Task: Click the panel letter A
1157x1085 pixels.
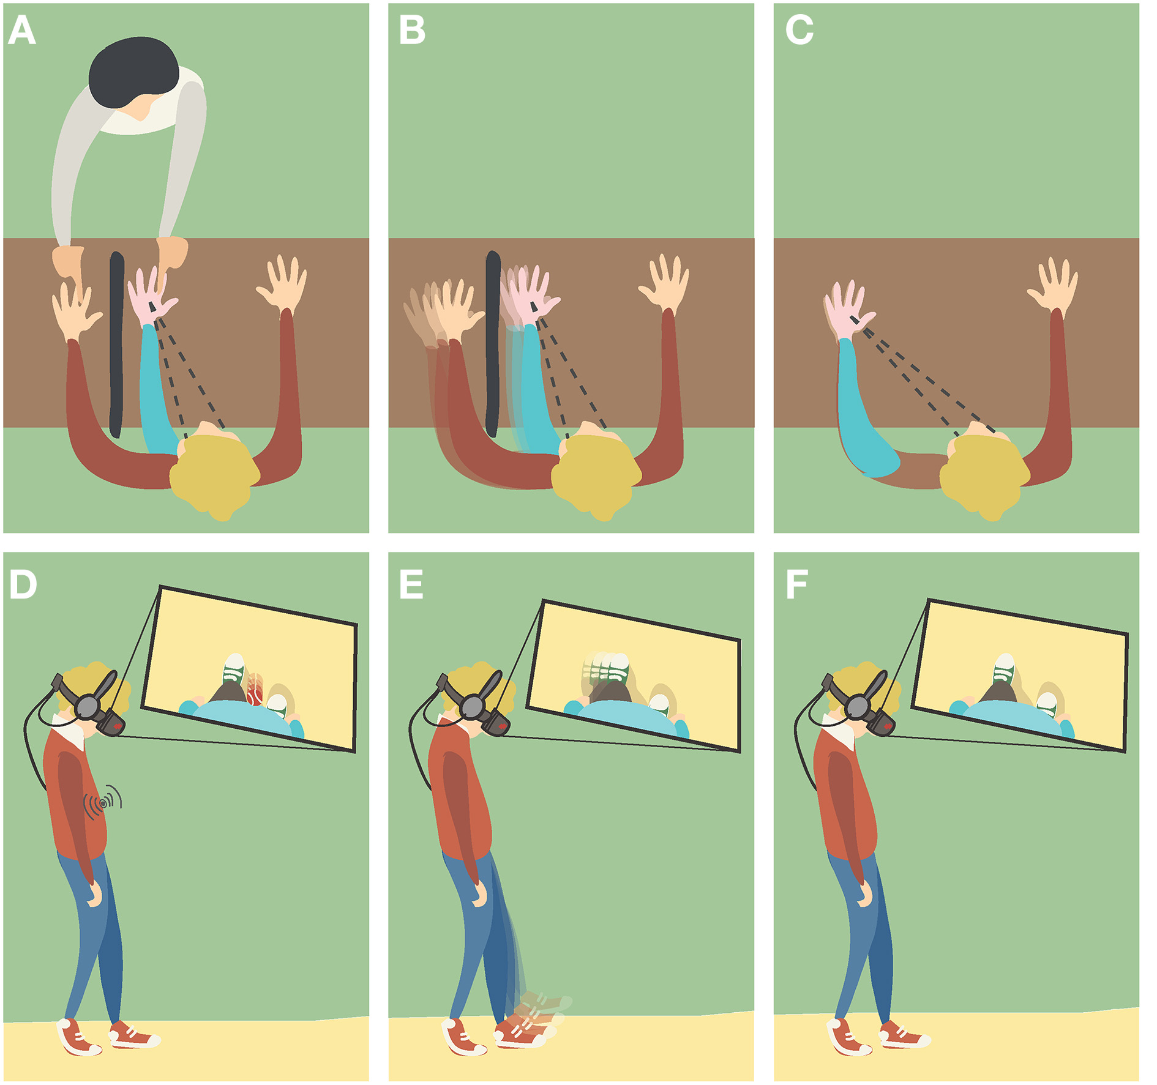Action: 22,30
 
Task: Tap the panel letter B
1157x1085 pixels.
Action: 412,30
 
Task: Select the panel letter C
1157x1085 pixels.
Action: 799,30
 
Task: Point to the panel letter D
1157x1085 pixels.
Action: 23,584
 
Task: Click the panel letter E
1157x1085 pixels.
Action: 411,584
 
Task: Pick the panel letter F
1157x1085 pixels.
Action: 796,584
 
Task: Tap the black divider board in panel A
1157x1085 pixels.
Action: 116,345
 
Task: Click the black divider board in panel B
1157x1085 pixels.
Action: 493,345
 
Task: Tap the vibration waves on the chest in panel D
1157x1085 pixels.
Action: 103,802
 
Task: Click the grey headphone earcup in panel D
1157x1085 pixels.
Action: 90,707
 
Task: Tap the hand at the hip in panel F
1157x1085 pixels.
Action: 864,894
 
